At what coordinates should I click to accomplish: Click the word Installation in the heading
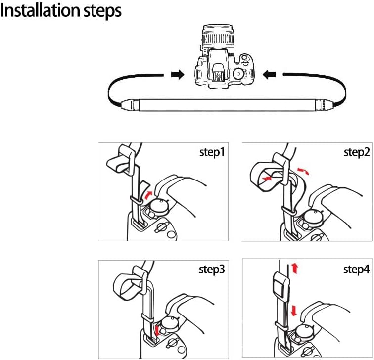41,11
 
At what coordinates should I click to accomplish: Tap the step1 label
212,153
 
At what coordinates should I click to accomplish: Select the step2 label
357,153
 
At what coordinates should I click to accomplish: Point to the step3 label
212,270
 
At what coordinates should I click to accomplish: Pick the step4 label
356,270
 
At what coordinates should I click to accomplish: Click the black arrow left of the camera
178,75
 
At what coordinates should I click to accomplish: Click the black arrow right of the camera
269,75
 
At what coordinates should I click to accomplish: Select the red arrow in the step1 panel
147,195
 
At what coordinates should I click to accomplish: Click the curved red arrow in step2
303,171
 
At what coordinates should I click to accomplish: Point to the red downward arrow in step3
157,331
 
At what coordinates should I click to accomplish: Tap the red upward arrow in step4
295,268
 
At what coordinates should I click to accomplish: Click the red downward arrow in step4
294,311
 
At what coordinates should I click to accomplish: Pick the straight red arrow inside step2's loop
267,179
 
